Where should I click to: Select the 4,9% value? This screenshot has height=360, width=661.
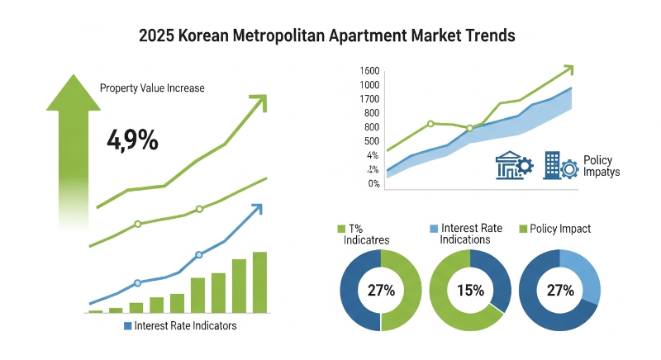pyautogui.click(x=132, y=140)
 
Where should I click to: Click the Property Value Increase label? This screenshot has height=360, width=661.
pyautogui.click(x=152, y=88)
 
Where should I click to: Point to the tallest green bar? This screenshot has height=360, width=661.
pyautogui.click(x=259, y=282)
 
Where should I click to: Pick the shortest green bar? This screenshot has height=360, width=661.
pyautogui.click(x=96, y=310)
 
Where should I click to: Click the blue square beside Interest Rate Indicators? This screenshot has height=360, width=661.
pyautogui.click(x=127, y=326)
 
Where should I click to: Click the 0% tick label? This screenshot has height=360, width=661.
pyautogui.click(x=373, y=183)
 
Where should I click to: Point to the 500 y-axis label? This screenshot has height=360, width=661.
pyautogui.click(x=371, y=141)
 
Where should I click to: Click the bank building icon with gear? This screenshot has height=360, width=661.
pyautogui.click(x=512, y=165)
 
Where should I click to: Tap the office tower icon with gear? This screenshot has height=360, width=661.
pyautogui.click(x=559, y=165)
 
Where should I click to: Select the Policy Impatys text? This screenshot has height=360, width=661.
pyautogui.click(x=601, y=166)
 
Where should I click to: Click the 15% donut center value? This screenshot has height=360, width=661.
pyautogui.click(x=471, y=291)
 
